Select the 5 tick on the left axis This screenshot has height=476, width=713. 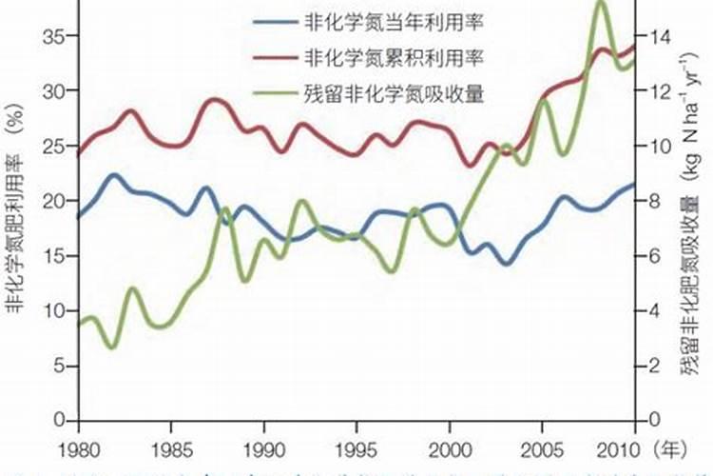pos(59,366)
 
